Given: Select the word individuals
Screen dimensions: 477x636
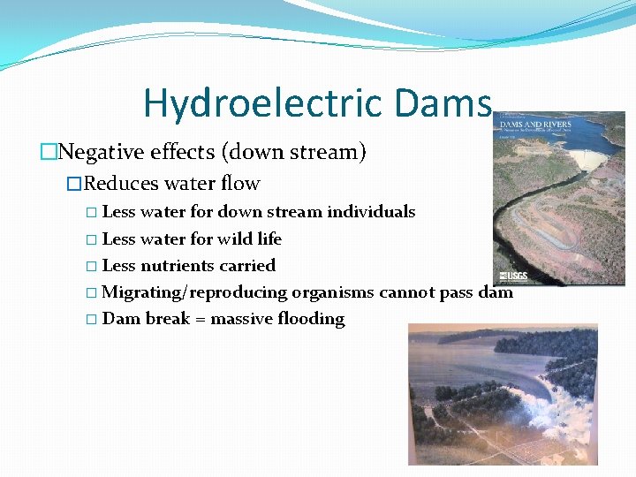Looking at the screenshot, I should pos(371,212).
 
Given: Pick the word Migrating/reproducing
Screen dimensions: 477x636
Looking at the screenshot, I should pos(195,292).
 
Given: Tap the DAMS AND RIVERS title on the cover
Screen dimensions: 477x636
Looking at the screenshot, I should pos(538,124).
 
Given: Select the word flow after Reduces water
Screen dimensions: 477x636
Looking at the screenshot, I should pos(242,184).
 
